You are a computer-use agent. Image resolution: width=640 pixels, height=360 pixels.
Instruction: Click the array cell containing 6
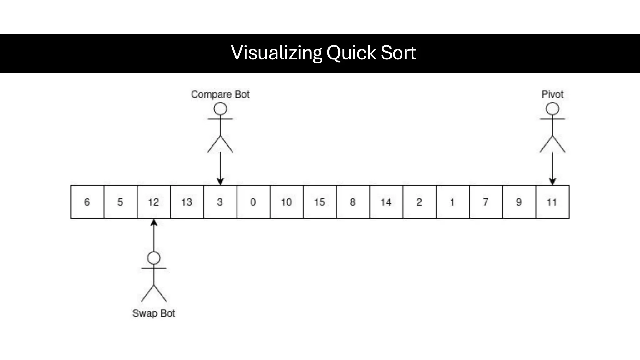point(87,202)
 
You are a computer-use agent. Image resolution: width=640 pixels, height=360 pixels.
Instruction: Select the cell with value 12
point(153,202)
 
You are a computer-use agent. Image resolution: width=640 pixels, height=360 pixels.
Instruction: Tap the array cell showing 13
point(187,202)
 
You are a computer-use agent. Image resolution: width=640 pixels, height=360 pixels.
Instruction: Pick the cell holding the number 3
point(220,202)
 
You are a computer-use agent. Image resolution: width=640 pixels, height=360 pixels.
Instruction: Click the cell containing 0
point(253,202)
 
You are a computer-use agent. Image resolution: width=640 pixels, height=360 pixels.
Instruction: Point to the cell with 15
point(320,202)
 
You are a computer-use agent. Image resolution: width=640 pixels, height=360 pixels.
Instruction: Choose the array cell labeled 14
point(386,202)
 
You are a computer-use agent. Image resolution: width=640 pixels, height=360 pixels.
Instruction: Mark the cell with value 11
point(552,202)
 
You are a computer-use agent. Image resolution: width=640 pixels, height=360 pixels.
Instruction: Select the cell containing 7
point(486,202)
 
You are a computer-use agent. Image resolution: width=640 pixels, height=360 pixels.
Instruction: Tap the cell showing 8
point(353,202)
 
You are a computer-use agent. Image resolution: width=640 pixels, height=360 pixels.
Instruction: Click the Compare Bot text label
point(220,94)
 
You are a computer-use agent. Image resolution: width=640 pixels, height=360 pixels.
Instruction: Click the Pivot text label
point(552,94)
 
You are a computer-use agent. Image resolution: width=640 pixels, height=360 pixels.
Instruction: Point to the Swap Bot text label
point(154,313)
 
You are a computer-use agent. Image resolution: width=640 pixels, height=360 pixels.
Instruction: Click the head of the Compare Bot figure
point(220,109)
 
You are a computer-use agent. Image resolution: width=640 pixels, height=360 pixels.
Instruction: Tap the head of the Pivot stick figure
point(552,109)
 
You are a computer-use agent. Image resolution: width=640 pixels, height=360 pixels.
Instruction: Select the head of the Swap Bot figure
point(154,258)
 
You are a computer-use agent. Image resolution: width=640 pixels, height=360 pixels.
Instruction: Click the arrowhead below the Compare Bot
point(220,182)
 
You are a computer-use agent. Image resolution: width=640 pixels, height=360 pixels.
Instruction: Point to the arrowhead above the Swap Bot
point(154,222)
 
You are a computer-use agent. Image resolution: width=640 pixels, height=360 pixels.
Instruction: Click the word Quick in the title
point(351,52)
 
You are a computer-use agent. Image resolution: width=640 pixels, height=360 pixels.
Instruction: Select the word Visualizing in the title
point(276,52)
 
